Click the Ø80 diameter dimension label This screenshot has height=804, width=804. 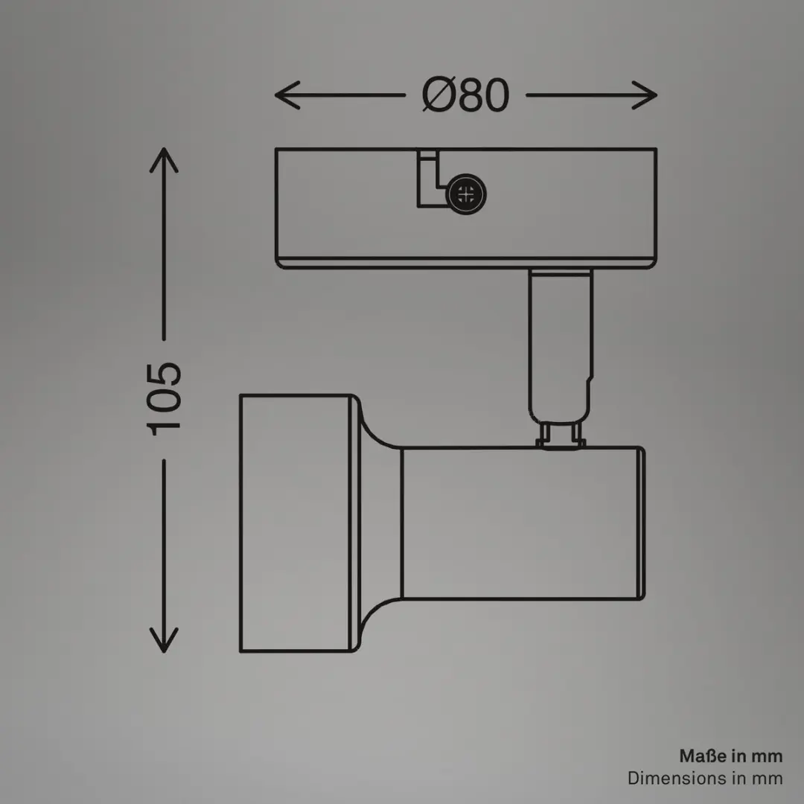click(465, 95)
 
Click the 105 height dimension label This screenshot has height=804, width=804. click(164, 399)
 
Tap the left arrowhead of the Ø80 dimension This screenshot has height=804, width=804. click(287, 95)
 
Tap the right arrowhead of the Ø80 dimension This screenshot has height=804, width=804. click(645, 95)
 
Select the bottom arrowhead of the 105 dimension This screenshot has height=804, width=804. click(164, 640)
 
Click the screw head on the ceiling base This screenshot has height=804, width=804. click(466, 194)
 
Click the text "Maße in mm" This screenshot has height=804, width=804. click(731, 756)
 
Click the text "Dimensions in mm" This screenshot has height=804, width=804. click(705, 778)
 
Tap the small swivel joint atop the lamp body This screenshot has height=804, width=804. click(561, 435)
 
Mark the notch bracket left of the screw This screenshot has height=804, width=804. click(428, 179)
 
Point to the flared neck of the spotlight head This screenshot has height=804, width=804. click(380, 523)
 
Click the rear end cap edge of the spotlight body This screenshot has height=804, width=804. click(641, 523)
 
